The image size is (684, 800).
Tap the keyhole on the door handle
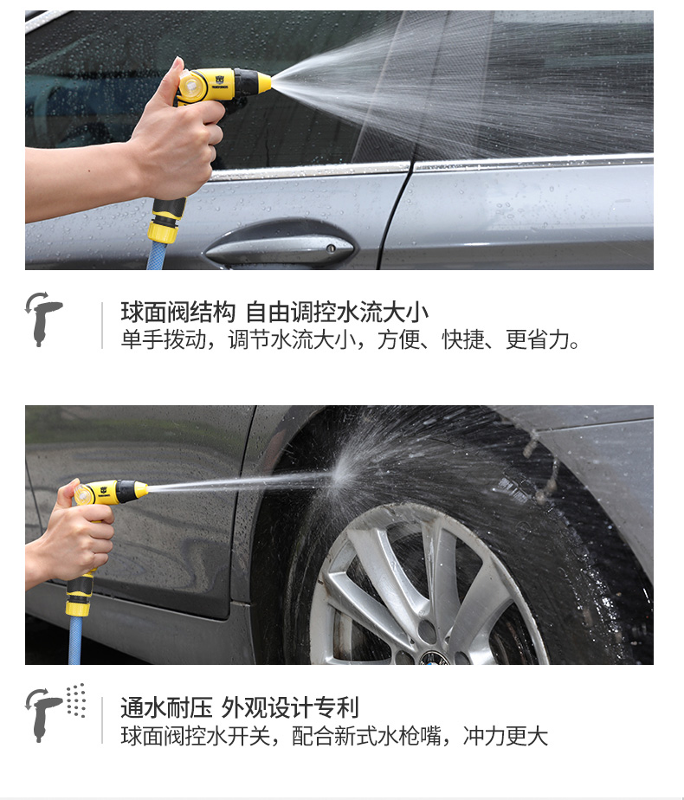[x=331, y=248]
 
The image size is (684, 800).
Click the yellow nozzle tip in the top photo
[x=264, y=82]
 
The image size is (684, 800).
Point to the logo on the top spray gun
[x=220, y=81]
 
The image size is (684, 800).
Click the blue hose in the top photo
[x=157, y=255]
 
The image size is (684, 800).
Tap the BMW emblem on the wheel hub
[x=434, y=658]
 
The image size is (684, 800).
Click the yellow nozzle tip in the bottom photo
[x=141, y=490]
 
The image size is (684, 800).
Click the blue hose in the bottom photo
[x=75, y=640]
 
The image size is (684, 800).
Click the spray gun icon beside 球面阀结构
[x=43, y=319]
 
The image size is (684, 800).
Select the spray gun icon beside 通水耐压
[x=43, y=715]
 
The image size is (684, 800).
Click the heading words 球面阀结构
[x=178, y=313]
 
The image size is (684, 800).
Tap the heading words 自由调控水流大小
[x=337, y=313]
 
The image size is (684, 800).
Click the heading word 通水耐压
[x=166, y=708]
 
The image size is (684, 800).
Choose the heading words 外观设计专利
[x=290, y=708]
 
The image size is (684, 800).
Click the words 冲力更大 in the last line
[x=506, y=736]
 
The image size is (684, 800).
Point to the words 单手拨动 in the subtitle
[x=164, y=339]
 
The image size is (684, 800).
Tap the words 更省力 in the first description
[x=538, y=339]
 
